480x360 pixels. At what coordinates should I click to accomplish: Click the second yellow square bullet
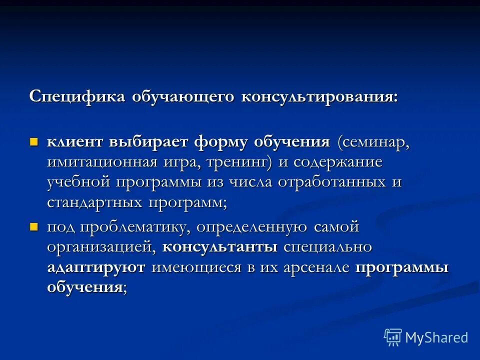tap(34, 227)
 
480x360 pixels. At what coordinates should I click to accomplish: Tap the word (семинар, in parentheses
tap(373, 142)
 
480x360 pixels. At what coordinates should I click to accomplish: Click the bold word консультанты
tap(220, 247)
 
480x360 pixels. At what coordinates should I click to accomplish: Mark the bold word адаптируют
tap(96, 267)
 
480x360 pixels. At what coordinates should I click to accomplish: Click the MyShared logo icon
tap(393, 337)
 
